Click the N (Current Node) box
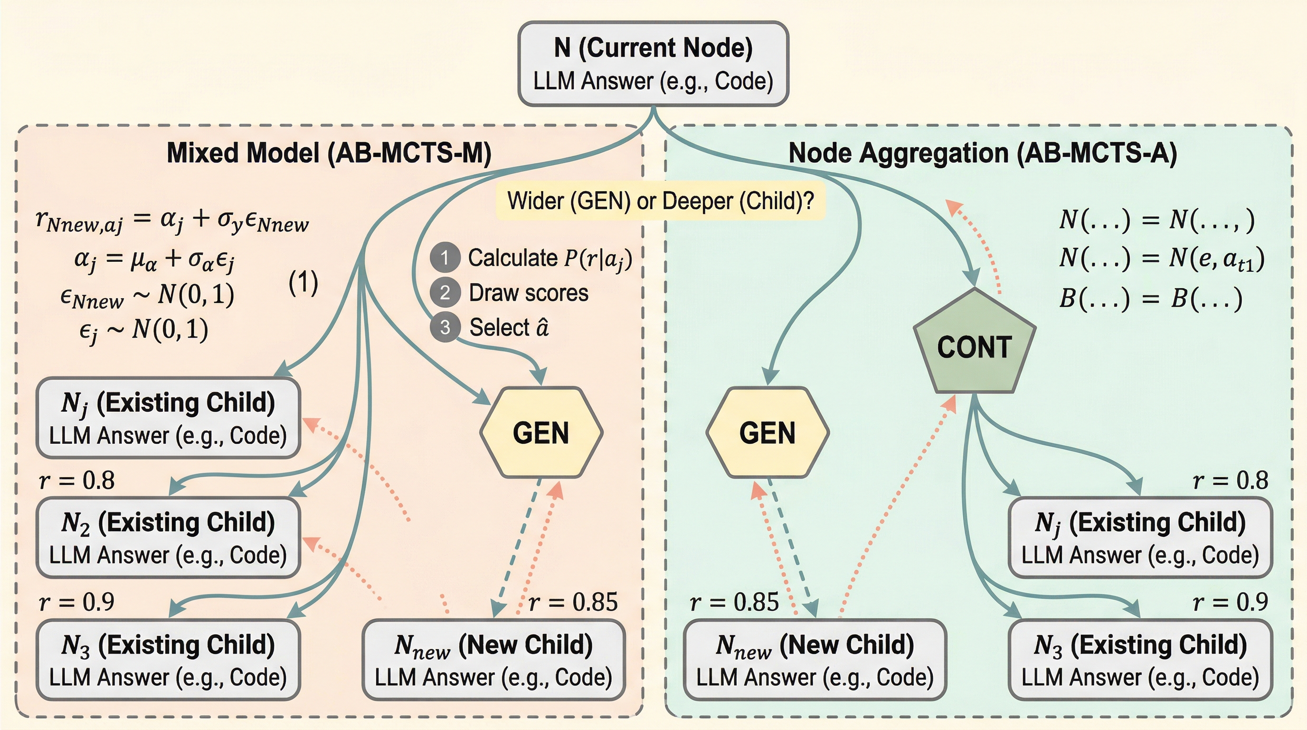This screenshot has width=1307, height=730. pos(653,64)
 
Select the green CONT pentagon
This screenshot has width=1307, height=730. pos(974,345)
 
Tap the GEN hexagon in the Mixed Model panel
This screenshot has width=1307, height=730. pos(541,432)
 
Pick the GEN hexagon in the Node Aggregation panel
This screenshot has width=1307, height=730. pos(767,432)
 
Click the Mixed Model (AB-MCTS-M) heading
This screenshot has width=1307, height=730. pos(329,153)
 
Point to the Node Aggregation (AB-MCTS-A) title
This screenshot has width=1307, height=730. pos(982,153)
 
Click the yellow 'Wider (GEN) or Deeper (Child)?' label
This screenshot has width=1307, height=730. pos(660,201)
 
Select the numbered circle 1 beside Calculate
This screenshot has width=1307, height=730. pos(445,258)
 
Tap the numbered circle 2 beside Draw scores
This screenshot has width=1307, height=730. pos(445,293)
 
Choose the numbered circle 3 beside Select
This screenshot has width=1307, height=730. pos(445,327)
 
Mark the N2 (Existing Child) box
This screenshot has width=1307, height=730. pos(168,538)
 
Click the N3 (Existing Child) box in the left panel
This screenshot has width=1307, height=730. pos(168,660)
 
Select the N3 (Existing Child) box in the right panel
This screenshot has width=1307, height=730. pos(1140,660)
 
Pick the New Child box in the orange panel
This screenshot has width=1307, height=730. pos(493,660)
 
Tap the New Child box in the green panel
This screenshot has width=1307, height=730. pos(815,660)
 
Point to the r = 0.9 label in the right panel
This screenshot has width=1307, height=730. pos(1230,603)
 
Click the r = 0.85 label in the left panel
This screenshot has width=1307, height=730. pos(573,603)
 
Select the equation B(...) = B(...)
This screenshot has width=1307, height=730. pos(1150,298)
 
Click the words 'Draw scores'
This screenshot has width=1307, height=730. pos(528,293)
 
